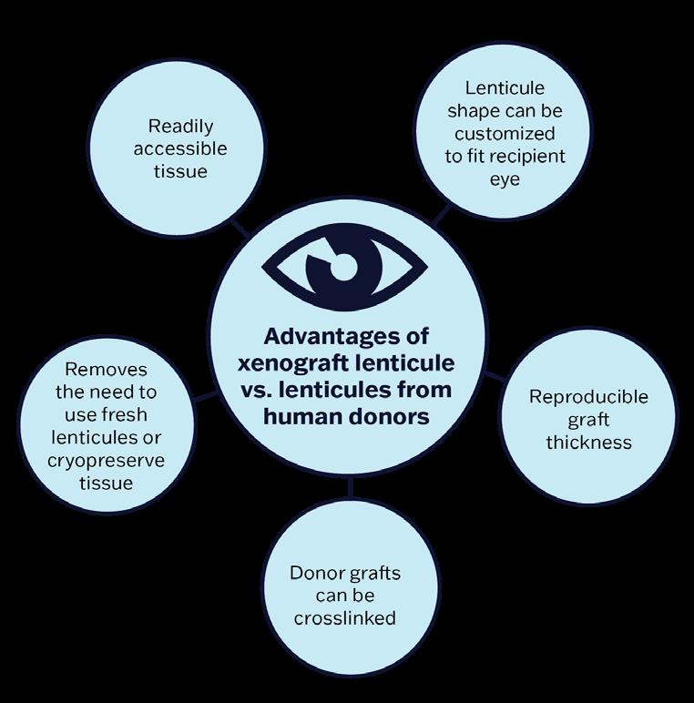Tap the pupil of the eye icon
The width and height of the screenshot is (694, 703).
coord(342,267)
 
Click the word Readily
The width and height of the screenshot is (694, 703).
coord(180,126)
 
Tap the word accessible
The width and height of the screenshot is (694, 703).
coord(180,148)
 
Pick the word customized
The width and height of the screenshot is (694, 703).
coord(505,133)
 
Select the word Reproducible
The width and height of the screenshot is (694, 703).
coord(588,397)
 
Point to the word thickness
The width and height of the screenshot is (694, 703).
coord(588,443)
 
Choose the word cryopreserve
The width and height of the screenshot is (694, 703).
coord(106,460)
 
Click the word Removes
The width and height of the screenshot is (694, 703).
coord(106,371)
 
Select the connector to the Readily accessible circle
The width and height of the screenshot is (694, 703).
coord(240,227)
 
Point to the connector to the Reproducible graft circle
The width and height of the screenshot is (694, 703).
coord(493,374)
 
